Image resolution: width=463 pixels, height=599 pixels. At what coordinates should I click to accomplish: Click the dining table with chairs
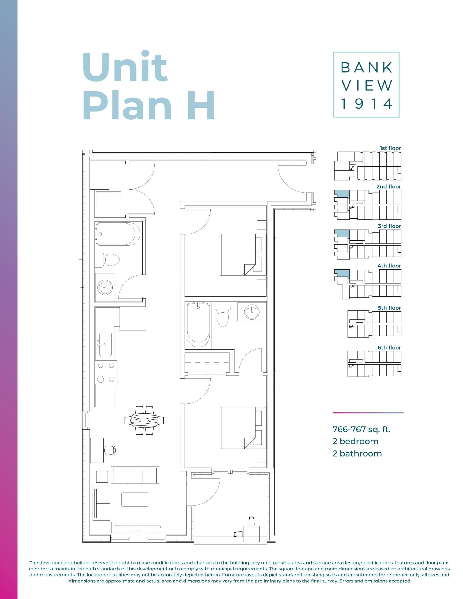coord(144,420)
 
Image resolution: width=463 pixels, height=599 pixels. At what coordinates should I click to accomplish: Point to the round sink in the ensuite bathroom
coord(252,312)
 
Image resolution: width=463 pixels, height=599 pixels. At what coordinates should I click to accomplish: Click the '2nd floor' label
coord(388,186)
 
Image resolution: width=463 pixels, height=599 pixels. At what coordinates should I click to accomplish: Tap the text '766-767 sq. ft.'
coord(361,429)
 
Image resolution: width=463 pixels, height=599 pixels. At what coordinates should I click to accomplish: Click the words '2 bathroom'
coord(357,453)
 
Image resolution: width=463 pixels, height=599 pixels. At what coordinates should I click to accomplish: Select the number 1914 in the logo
coord(366,104)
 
